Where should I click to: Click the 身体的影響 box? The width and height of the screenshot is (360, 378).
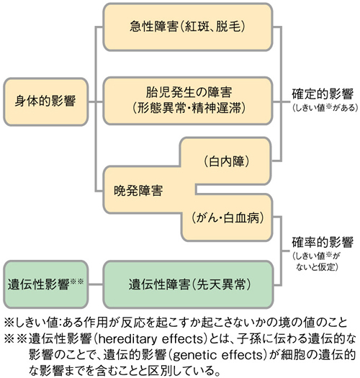tap(45, 102)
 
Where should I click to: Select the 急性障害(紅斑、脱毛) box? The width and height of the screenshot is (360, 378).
tap(188, 27)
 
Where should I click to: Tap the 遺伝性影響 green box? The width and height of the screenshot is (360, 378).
tap(45, 284)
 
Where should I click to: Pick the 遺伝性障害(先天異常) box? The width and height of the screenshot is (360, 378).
tap(189, 284)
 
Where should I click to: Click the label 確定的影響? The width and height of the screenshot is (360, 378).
tap(323, 94)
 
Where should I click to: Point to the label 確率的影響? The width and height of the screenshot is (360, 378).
tap(323, 242)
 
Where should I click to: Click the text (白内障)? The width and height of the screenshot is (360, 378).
tap(226, 161)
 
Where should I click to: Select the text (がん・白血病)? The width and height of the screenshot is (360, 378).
tap(228, 218)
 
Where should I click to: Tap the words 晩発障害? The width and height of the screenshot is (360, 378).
tap(138, 191)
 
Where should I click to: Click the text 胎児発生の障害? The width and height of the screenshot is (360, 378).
tap(189, 92)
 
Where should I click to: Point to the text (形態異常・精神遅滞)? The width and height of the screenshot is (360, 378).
tap(189, 107)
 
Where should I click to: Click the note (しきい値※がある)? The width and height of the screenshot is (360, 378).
tap(325, 107)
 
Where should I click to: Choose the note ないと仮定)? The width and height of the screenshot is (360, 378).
tap(317, 267)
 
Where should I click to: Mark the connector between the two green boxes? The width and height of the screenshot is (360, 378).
tap(96, 284)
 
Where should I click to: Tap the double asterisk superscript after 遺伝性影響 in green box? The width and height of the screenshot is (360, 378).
tap(77, 281)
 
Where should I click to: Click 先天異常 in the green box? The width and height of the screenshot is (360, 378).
tap(221, 284)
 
